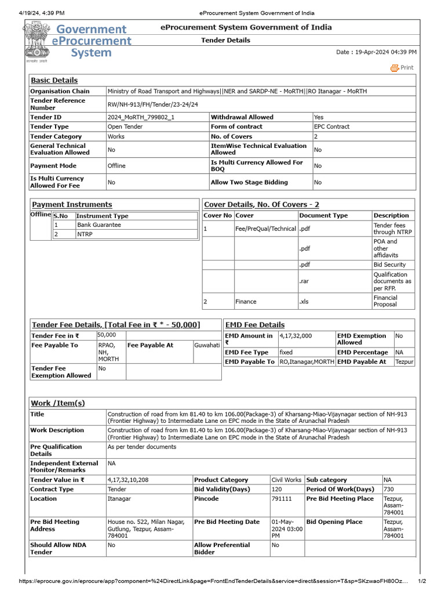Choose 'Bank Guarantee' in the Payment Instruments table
99,225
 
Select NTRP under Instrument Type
85,234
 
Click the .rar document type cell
304,281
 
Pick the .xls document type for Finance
305,302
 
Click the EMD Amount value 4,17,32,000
296,336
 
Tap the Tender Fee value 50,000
107,335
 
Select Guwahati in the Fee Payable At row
207,345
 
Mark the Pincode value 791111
282,499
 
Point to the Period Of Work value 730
388,490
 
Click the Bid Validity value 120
277,490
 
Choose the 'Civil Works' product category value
286,480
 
